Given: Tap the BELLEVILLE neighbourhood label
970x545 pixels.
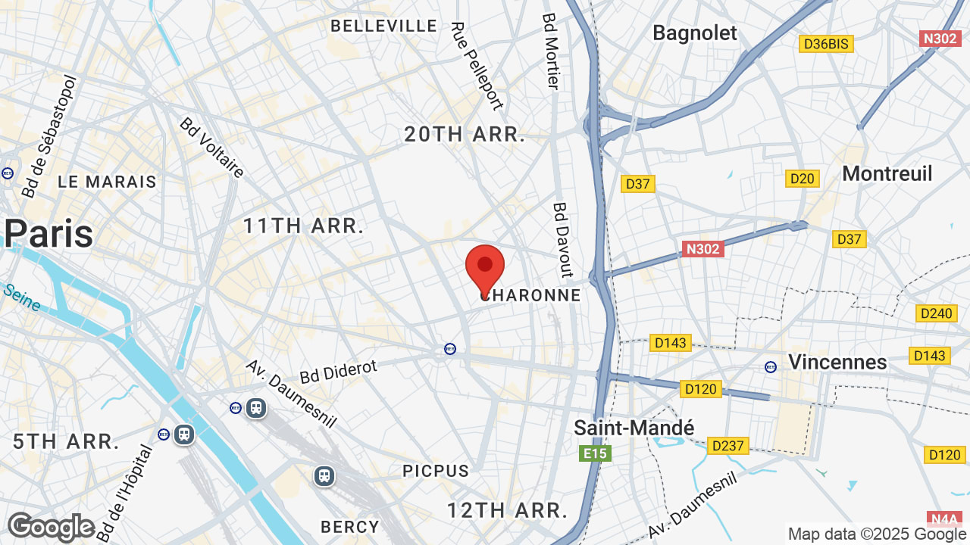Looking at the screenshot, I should coord(384,26).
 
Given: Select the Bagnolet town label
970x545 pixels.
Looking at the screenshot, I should coord(694,33).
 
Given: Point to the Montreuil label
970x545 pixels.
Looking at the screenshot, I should coord(887,173).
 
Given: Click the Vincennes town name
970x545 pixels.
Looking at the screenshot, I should coord(837,362).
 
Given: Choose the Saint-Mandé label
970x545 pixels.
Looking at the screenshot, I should coord(634,428).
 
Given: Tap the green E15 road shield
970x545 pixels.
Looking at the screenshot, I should coord(595,453).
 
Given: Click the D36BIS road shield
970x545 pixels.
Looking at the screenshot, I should coord(826,44).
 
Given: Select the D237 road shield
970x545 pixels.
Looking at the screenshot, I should coord(728,446).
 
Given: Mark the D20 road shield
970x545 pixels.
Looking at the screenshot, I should coord(802,179).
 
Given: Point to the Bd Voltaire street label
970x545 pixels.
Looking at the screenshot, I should coord(212,148).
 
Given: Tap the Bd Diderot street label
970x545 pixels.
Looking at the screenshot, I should coord(338,372).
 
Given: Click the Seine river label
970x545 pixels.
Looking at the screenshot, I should coord(21,297).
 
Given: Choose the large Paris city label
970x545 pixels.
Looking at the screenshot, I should coord(49,234).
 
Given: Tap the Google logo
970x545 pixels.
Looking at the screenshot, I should coord(51,527).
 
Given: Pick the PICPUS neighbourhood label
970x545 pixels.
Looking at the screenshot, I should coord(436,471).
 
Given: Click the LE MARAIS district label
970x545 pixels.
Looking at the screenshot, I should coord(107,182).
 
